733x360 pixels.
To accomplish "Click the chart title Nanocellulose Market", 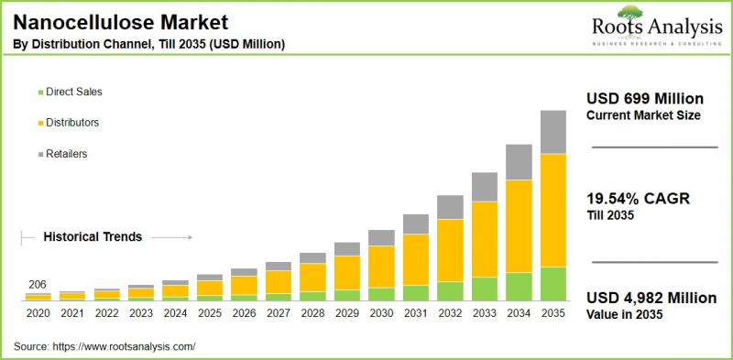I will [120, 21].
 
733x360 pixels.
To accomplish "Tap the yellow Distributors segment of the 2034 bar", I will [518, 225].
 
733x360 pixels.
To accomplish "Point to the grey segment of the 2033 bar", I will [484, 187].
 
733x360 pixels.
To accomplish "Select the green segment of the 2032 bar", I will [449, 290].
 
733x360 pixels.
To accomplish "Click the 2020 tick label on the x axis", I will [38, 314].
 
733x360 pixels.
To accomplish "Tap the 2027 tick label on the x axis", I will [278, 314].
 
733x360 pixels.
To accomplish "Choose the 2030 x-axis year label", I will [381, 314].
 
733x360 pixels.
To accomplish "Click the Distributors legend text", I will [72, 122].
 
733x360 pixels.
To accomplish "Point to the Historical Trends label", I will [93, 236].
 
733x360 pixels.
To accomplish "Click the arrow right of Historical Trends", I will [171, 236].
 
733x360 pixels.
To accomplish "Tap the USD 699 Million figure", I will [644, 98].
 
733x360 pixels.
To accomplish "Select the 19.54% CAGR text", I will [639, 198].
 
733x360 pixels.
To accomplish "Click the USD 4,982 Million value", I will [651, 298].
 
